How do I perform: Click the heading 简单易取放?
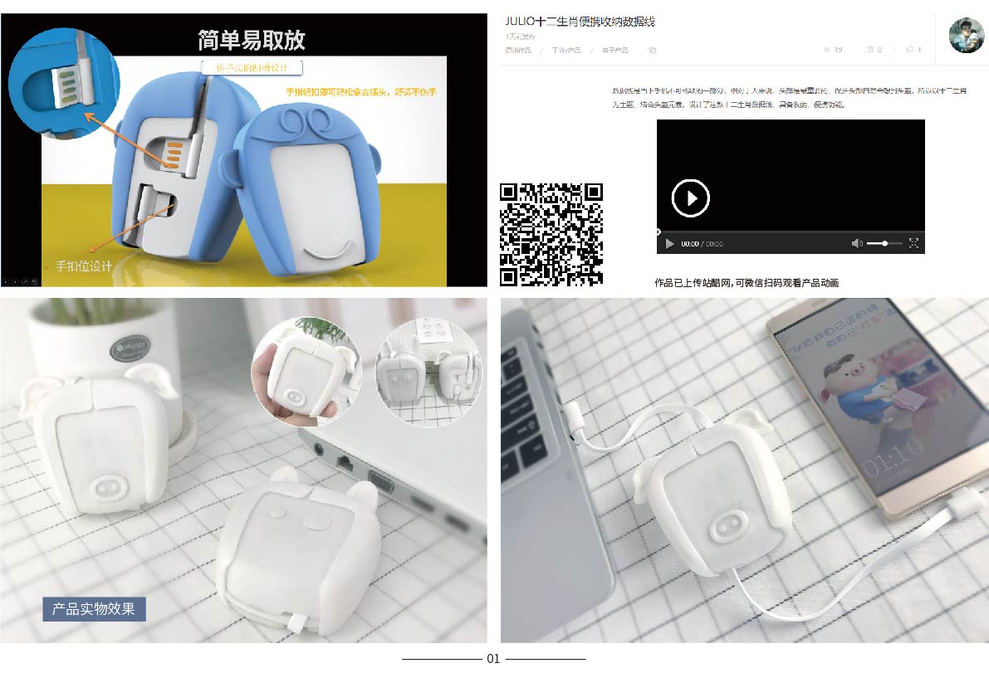click(252, 40)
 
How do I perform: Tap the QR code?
click(551, 234)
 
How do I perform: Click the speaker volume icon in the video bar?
click(857, 243)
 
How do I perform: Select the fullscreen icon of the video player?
click(913, 243)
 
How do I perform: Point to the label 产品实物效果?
click(94, 608)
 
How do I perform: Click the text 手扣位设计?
click(83, 266)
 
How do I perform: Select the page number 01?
click(493, 659)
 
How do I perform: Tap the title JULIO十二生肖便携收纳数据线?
click(580, 22)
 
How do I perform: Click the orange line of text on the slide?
click(361, 91)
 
